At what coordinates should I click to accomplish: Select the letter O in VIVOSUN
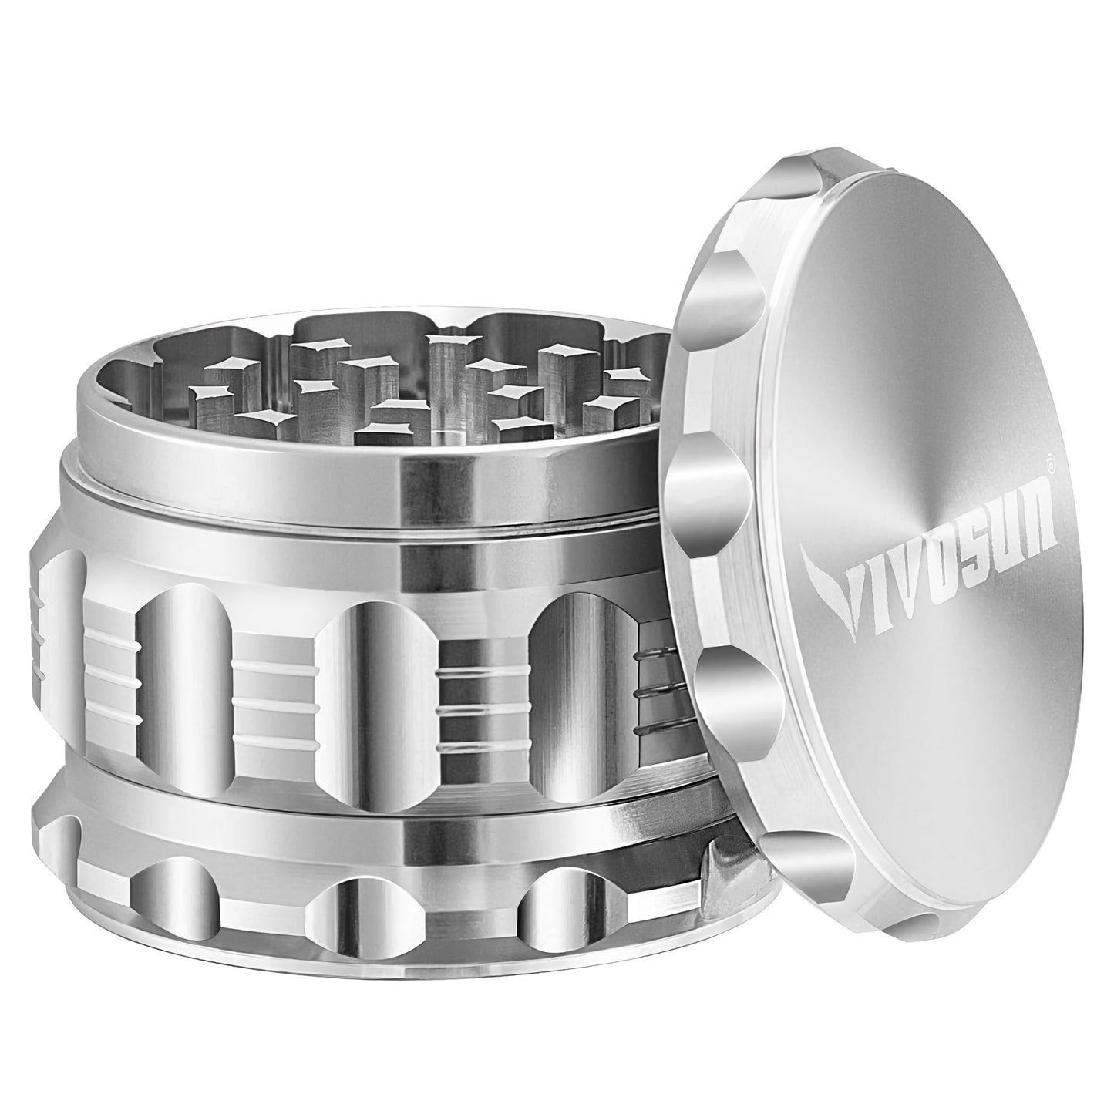click(x=920, y=570)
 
